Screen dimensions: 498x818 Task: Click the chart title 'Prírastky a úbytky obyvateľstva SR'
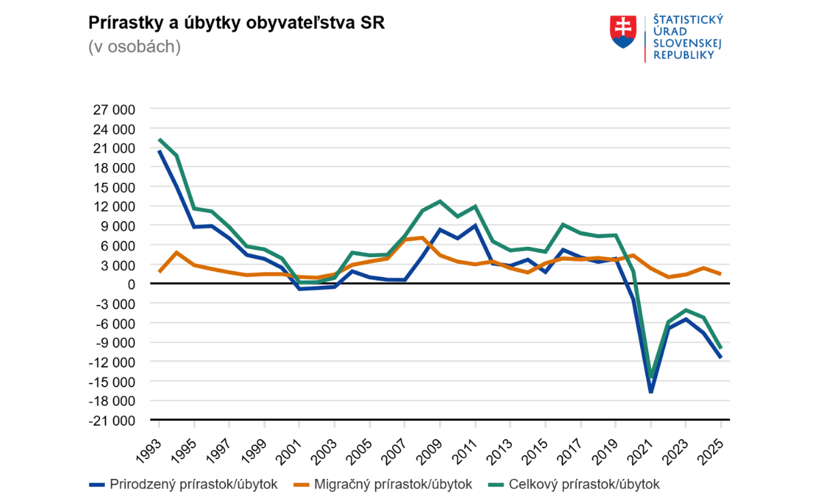[x=237, y=23]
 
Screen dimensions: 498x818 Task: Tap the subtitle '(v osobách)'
[x=134, y=47]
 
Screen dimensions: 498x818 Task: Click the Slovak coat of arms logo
[x=622, y=32]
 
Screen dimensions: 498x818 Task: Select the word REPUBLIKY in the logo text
[x=684, y=55]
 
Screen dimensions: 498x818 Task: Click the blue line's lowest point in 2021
[x=651, y=392]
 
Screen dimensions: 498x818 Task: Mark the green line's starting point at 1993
[x=159, y=140]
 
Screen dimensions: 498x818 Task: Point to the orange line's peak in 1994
[x=177, y=252]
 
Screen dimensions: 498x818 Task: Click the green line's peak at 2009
[x=440, y=201]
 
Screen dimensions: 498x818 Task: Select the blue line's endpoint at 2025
[x=721, y=357]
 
